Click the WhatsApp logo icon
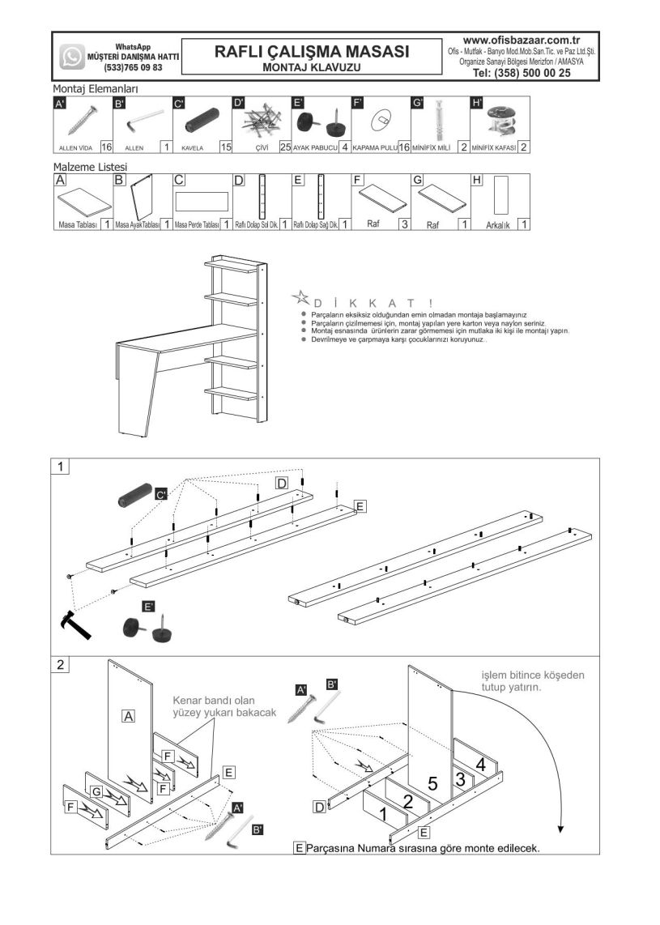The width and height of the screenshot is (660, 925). coord(72,57)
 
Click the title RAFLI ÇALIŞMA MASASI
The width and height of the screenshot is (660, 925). coord(312,51)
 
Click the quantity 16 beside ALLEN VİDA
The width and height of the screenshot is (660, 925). coord(106,147)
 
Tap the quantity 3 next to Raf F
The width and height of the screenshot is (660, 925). coord(403,224)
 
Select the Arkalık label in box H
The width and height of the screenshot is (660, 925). coord(496,226)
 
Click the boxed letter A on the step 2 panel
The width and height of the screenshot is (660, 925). coord(128,715)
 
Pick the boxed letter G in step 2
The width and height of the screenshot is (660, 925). coord(96,791)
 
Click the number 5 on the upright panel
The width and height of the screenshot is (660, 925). coord(432,783)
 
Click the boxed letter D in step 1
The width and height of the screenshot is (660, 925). coord(281,484)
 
